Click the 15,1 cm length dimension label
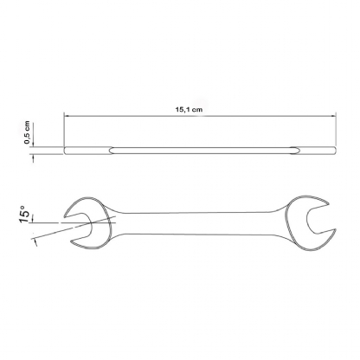coord(188,110)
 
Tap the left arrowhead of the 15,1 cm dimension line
coord(68,117)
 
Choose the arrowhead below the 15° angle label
coord(35,241)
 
